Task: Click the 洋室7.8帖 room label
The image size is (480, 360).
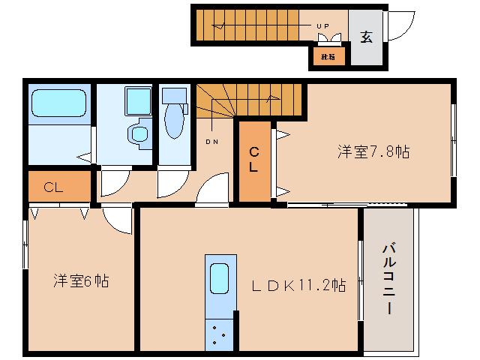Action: click(x=373, y=152)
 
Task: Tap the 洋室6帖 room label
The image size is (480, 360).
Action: click(x=81, y=281)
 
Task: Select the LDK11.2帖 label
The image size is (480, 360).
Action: click(x=298, y=285)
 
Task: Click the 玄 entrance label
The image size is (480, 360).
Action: click(x=367, y=36)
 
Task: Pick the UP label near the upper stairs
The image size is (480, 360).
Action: click(x=322, y=26)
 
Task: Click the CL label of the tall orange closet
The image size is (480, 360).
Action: click(x=254, y=159)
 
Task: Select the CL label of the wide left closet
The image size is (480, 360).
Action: click(x=52, y=187)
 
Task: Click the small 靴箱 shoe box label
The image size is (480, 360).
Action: click(x=328, y=56)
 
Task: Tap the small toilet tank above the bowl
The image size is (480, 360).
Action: click(x=174, y=94)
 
